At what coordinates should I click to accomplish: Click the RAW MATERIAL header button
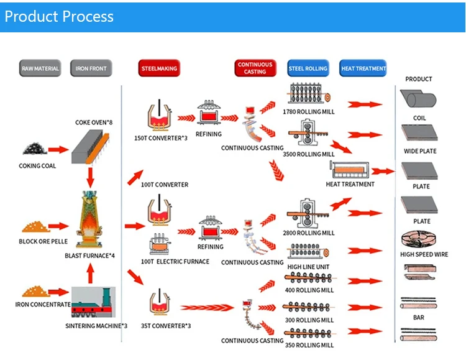point(40,68)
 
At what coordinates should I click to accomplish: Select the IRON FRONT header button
point(91,68)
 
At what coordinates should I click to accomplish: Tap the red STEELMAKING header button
point(159,68)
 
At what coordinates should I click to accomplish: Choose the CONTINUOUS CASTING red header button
point(255,68)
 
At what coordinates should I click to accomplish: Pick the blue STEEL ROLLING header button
point(308,68)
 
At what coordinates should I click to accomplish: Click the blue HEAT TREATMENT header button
point(363,68)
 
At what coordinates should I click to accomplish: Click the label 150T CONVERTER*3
point(160,138)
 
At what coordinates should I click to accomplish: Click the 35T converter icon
point(160,304)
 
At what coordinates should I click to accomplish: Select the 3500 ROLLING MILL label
point(308,154)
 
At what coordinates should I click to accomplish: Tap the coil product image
point(419,99)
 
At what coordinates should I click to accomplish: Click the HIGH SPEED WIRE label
point(424,254)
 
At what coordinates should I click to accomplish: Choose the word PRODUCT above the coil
point(419,79)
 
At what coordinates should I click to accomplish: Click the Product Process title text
point(59,16)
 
